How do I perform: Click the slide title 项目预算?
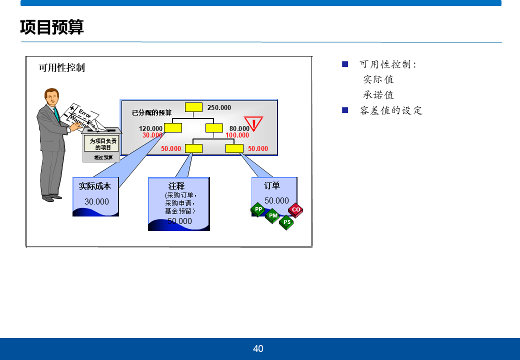pyautogui.click(x=52, y=27)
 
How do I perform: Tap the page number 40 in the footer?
pyautogui.click(x=258, y=349)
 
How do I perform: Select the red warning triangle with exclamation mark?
pyautogui.click(x=254, y=123)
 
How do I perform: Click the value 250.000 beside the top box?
pyautogui.click(x=219, y=107)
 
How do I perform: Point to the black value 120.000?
pyautogui.click(x=150, y=128)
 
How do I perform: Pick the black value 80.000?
pyautogui.click(x=239, y=128)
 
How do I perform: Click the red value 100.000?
pyautogui.click(x=237, y=135)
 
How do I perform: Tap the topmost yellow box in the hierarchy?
pyautogui.click(x=193, y=107)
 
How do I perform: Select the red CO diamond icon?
pyautogui.click(x=295, y=210)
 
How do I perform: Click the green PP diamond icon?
pyautogui.click(x=258, y=209)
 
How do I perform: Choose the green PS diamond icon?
pyautogui.click(x=286, y=222)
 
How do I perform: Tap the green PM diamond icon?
pyautogui.click(x=272, y=215)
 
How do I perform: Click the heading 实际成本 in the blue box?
pyautogui.click(x=95, y=186)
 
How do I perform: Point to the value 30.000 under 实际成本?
pyautogui.click(x=96, y=202)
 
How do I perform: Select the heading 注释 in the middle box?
pyautogui.click(x=176, y=186)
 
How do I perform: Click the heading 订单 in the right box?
pyautogui.click(x=272, y=186)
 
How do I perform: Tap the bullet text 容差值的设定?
pyautogui.click(x=391, y=110)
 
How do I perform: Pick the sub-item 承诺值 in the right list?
pyautogui.click(x=378, y=95)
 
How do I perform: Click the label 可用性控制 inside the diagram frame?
pyautogui.click(x=62, y=67)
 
